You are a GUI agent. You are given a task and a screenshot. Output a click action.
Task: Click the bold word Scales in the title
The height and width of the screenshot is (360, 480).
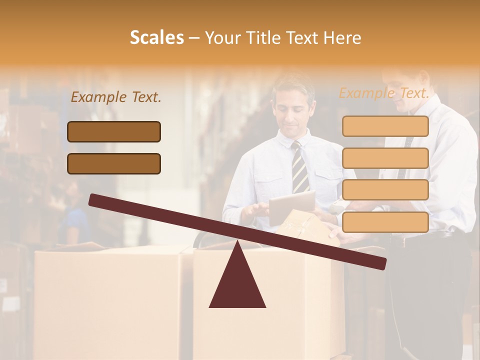tap(157, 37)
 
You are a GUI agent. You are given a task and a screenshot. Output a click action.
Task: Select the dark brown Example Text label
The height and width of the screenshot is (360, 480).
tap(116, 97)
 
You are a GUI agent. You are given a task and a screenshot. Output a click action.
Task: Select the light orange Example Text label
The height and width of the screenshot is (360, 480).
tap(384, 93)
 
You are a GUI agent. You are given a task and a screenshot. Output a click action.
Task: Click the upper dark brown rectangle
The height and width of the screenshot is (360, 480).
tap(114, 131)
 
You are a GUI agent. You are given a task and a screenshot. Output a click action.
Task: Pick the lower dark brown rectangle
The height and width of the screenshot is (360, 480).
tap(114, 163)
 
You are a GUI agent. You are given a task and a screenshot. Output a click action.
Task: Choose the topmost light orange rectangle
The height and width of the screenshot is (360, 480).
tap(385, 126)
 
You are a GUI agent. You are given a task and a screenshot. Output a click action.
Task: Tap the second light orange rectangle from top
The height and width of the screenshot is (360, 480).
tap(385, 158)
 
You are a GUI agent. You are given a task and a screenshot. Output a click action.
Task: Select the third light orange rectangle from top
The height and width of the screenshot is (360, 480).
tap(385, 190)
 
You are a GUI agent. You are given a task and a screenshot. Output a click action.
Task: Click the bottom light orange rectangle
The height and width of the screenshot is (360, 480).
tap(385, 222)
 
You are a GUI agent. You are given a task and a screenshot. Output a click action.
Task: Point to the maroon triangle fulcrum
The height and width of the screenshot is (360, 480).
tap(237, 282)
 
